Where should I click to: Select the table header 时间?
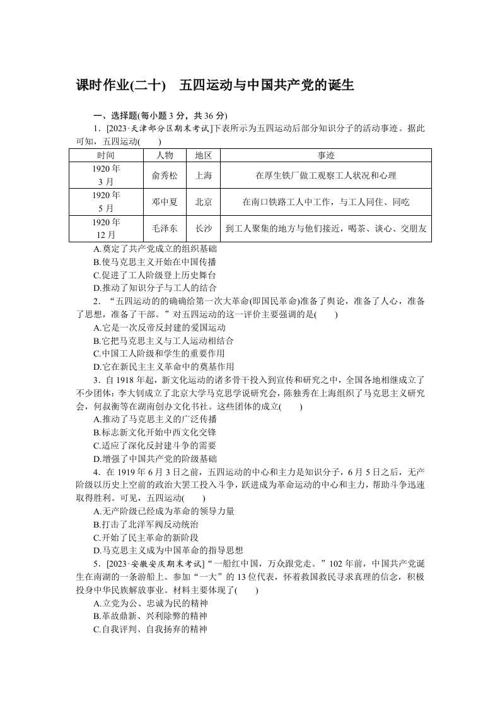click(106, 155)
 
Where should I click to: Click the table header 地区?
click(203, 155)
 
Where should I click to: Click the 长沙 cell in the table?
click(203, 228)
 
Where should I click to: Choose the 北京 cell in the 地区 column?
click(203, 202)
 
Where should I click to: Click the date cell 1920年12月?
click(106, 228)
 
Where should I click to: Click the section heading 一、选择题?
click(110, 115)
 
